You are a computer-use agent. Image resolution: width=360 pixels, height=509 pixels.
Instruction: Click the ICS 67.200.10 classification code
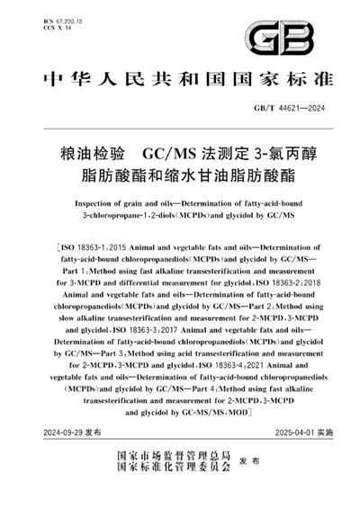(66, 15)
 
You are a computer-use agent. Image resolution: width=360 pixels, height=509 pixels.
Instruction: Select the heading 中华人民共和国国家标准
(180, 78)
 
